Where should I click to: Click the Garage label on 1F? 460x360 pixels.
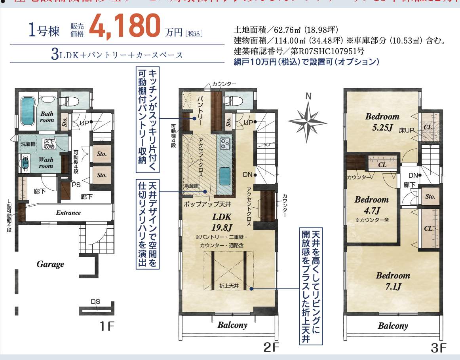pyautogui.click(x=50, y=264)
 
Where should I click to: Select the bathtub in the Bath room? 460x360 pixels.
pyautogui.click(x=27, y=112)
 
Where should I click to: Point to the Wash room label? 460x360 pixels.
pyautogui.click(x=46, y=163)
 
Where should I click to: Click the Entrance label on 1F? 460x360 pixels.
pyautogui.click(x=68, y=213)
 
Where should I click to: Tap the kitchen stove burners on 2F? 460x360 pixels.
pyautogui.click(x=225, y=143)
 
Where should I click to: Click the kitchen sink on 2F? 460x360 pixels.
pyautogui.click(x=224, y=175)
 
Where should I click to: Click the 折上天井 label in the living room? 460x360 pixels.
pyautogui.click(x=228, y=285)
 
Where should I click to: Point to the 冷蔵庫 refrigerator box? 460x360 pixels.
pyautogui.click(x=191, y=185)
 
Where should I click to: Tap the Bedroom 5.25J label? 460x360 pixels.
pyautogui.click(x=382, y=122)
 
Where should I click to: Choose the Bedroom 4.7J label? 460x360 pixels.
pyautogui.click(x=371, y=205)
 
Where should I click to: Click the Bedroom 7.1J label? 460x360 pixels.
pyautogui.click(x=393, y=281)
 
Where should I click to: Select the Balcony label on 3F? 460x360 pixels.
pyautogui.click(x=393, y=326)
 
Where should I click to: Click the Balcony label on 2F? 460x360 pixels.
pyautogui.click(x=232, y=325)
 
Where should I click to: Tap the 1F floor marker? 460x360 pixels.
pyautogui.click(x=107, y=326)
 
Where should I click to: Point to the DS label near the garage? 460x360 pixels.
pyautogui.click(x=95, y=302)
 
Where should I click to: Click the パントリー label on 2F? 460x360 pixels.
pyautogui.click(x=201, y=111)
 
